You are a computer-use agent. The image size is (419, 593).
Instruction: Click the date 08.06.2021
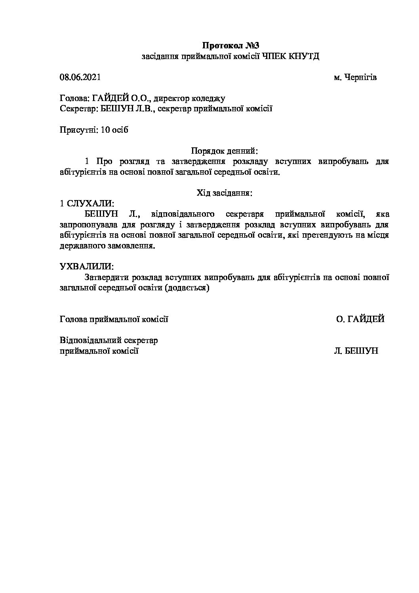(80, 77)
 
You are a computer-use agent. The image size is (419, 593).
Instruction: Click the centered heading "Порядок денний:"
(224, 151)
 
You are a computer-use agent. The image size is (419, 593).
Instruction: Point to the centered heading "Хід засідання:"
(224, 193)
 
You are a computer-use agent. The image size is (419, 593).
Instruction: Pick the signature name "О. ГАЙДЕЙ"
(360, 319)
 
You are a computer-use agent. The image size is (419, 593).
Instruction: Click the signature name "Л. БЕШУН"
(356, 351)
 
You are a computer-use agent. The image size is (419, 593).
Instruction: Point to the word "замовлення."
(131, 246)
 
